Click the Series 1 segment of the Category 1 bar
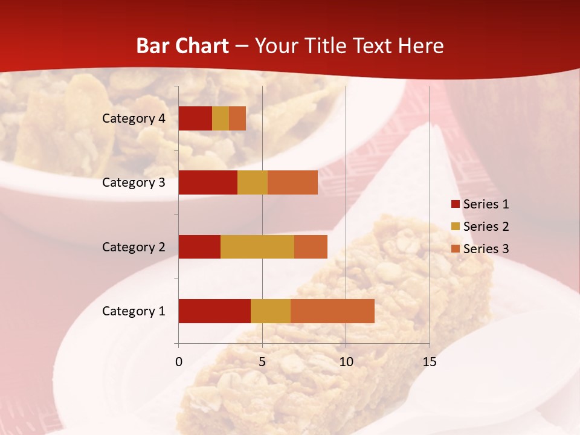coord(214,311)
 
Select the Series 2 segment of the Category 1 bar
coord(271,311)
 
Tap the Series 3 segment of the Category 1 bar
coord(332,311)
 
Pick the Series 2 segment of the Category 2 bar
coord(257,246)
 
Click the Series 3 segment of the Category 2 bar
coord(311,246)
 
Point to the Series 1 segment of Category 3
coord(208,182)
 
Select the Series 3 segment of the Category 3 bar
coord(292,182)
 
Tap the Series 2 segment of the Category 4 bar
coord(221,118)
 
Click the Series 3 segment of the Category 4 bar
coord(237,118)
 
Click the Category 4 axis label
coord(134,118)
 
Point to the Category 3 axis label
coord(134,182)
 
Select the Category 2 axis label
coord(134,246)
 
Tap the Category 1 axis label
coord(134,311)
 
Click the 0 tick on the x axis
coord(179,362)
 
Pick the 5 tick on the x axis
coord(262,362)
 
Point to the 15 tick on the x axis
coord(429,362)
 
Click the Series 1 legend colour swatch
coord(455,204)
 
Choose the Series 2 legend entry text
coord(486,227)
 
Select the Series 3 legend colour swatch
coord(455,249)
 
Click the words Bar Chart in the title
coord(182,46)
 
